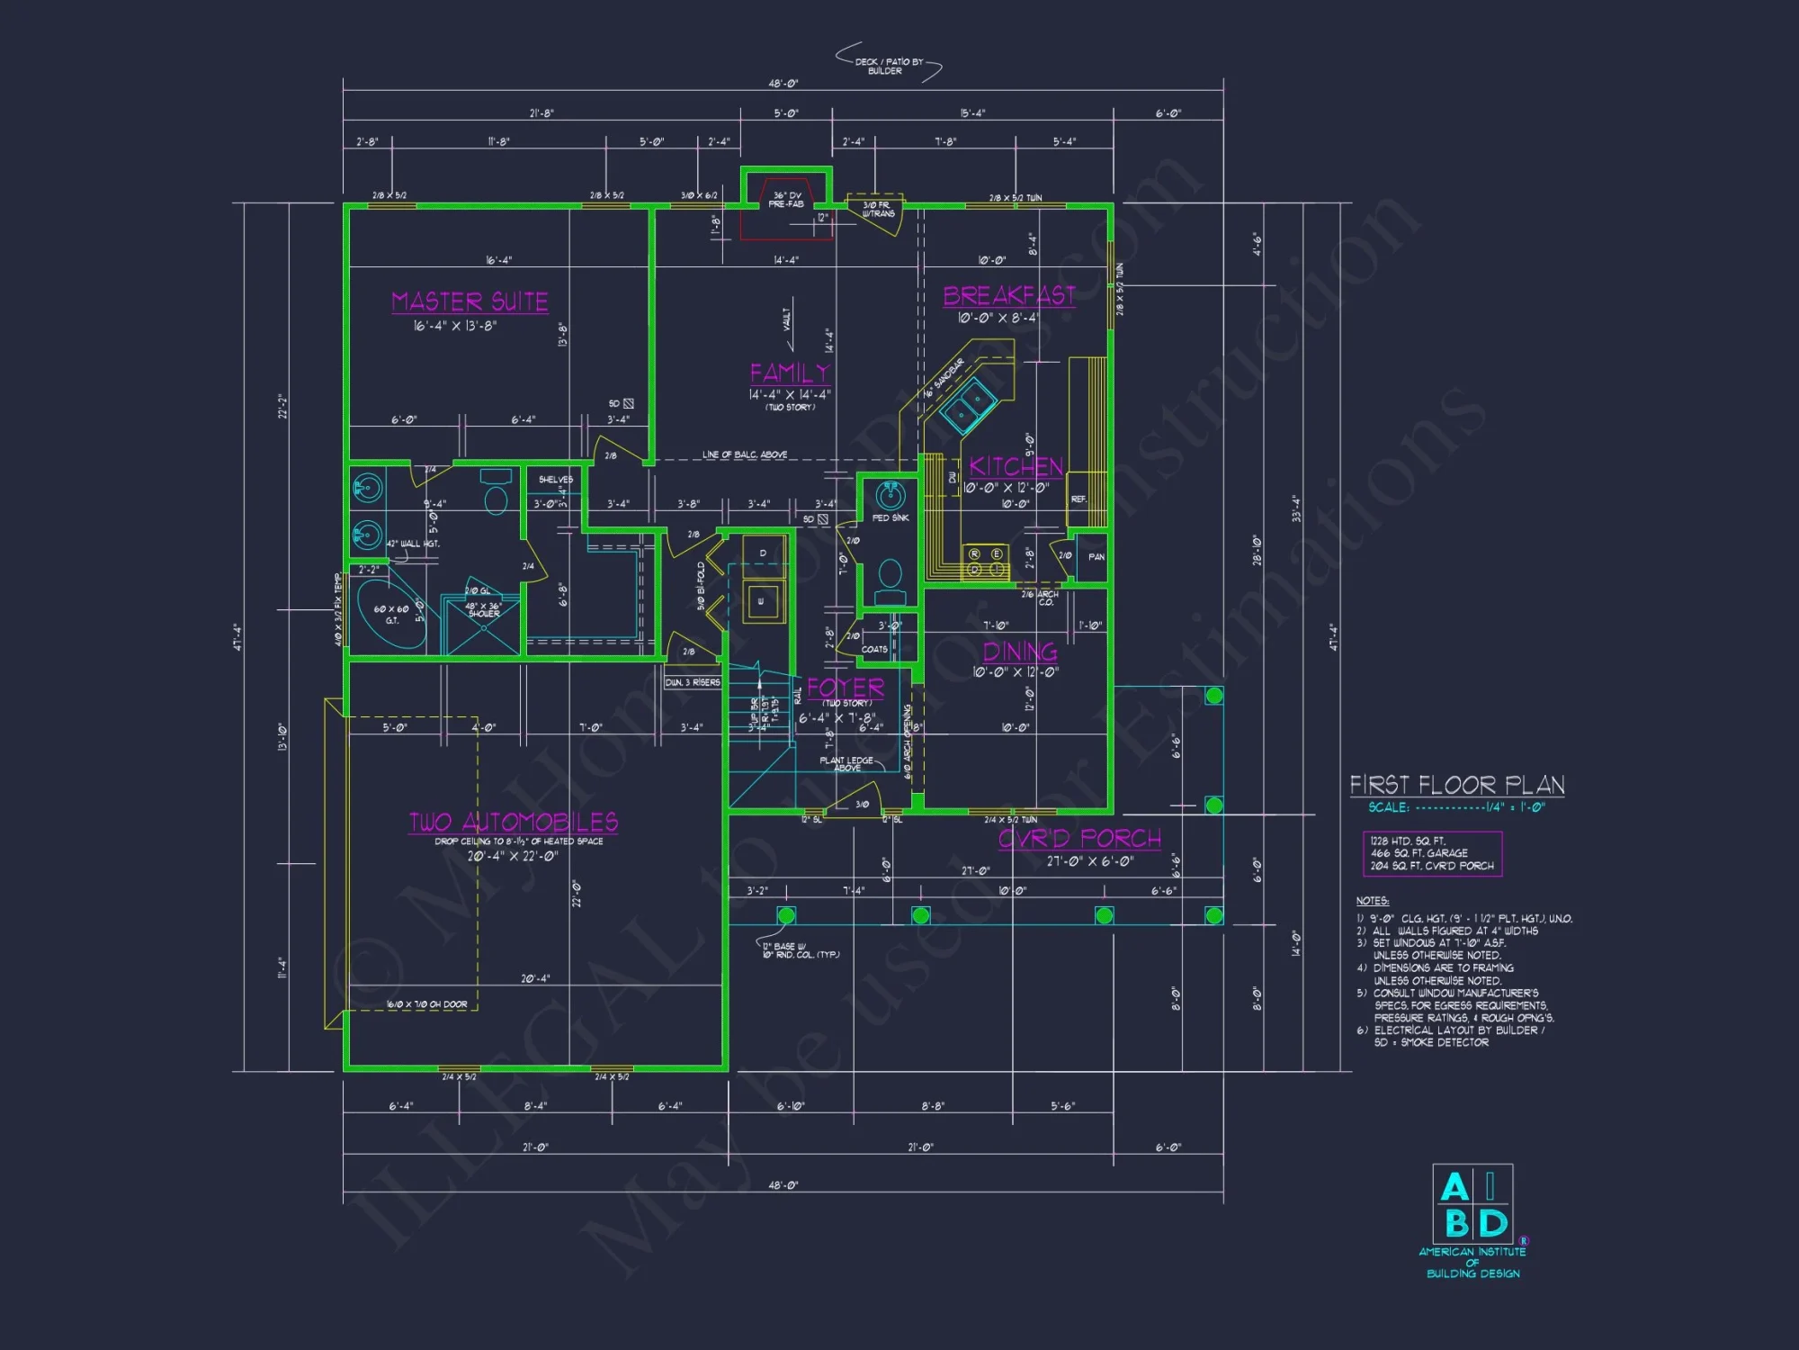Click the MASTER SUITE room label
[470, 301]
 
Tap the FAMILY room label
[790, 373]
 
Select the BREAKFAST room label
[1008, 296]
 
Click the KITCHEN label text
[1016, 466]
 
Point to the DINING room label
[1019, 652]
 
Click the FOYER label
[845, 688]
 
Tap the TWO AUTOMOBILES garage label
[514, 822]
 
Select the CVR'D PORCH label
[1079, 839]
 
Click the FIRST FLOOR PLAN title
[1456, 785]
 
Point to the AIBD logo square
[1472, 1204]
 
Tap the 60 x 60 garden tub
[391, 614]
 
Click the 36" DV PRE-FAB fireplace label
[786, 200]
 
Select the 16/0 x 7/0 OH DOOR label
[426, 1004]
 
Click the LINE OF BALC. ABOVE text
[744, 454]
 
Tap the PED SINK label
[890, 517]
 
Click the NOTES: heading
[1372, 901]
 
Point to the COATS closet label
[873, 649]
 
